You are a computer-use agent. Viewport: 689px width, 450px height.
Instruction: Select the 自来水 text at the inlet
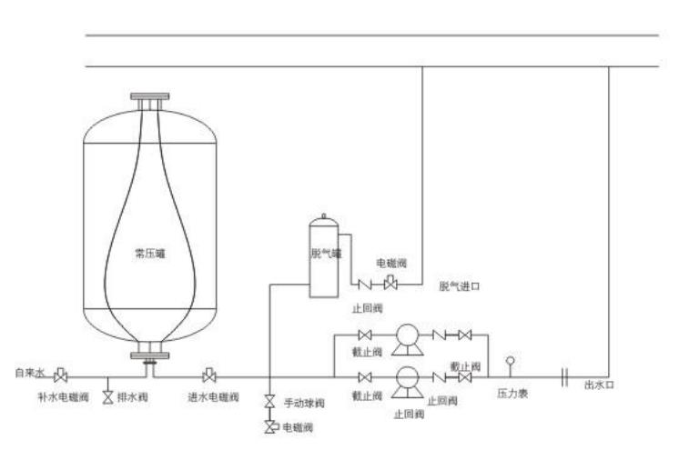28,373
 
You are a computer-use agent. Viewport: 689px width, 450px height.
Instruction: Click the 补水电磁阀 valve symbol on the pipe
61,375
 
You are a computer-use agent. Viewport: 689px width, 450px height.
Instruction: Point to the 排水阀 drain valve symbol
108,397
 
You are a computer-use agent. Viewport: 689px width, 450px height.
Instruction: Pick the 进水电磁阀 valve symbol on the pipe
209,375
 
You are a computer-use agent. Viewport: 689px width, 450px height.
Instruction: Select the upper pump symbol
404,338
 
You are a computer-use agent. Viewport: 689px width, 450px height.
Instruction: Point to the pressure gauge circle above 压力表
510,361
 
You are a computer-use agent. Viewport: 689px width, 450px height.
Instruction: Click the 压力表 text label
512,395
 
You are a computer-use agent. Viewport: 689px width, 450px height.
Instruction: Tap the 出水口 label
599,385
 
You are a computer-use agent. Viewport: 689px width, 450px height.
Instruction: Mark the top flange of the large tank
150,96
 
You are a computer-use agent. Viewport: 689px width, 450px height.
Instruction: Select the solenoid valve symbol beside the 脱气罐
390,284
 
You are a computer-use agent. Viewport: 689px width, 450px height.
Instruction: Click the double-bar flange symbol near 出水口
565,375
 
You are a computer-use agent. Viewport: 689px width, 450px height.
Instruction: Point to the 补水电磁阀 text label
63,397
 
